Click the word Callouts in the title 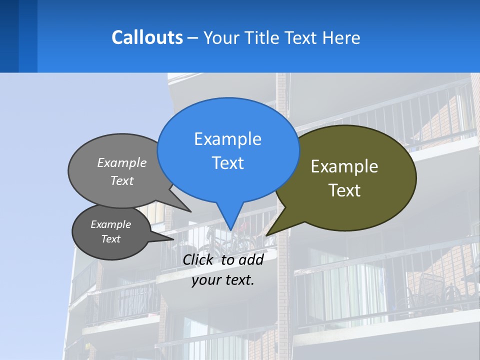pyautogui.click(x=147, y=37)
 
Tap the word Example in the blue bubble pyautogui.click(x=227, y=139)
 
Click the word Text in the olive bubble pyautogui.click(x=344, y=190)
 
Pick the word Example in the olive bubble pyautogui.click(x=344, y=166)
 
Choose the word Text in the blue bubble pyautogui.click(x=227, y=163)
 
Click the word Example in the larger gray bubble pyautogui.click(x=122, y=163)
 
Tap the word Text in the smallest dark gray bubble pyautogui.click(x=111, y=239)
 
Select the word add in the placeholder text pyautogui.click(x=250, y=259)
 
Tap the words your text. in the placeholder pyautogui.click(x=223, y=280)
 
